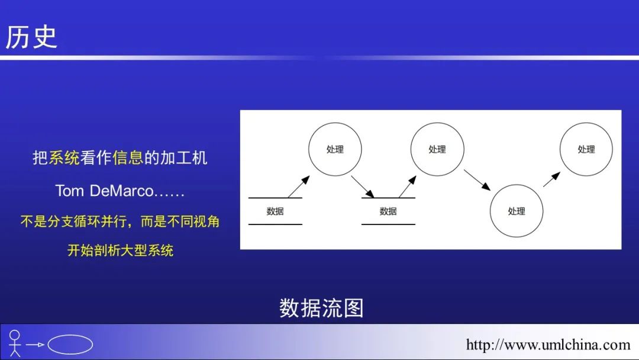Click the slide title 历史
[x=31, y=37]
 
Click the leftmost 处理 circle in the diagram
[x=334, y=149]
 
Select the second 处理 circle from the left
[x=437, y=149]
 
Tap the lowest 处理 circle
[x=516, y=211]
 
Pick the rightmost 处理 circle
[x=586, y=149]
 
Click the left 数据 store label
[x=275, y=211]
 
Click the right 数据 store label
[x=388, y=211]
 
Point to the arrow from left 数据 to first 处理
[x=299, y=187]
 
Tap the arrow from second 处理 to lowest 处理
[x=477, y=180]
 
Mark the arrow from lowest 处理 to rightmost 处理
[x=551, y=179]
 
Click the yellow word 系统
[x=64, y=158]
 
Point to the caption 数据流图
[x=321, y=308]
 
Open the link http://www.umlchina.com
[x=548, y=345]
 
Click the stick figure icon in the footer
[x=15, y=343]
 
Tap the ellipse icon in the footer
[x=70, y=345]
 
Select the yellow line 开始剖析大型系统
[x=120, y=250]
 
